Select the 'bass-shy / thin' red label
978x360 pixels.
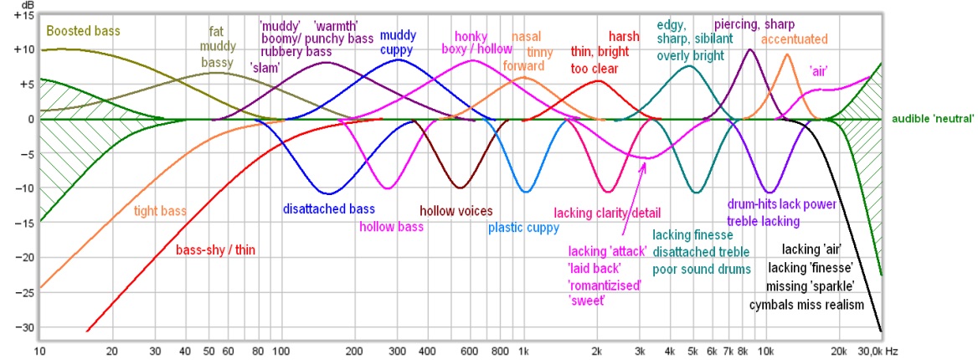(x=216, y=249)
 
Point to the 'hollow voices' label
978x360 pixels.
(x=456, y=211)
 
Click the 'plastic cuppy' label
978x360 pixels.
(x=524, y=227)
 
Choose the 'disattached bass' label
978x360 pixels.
(x=329, y=209)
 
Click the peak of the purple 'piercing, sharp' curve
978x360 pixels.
(x=751, y=49)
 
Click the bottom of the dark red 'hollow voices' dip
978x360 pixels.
(x=458, y=188)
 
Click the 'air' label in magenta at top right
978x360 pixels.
(x=818, y=71)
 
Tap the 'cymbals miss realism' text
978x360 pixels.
(x=806, y=305)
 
